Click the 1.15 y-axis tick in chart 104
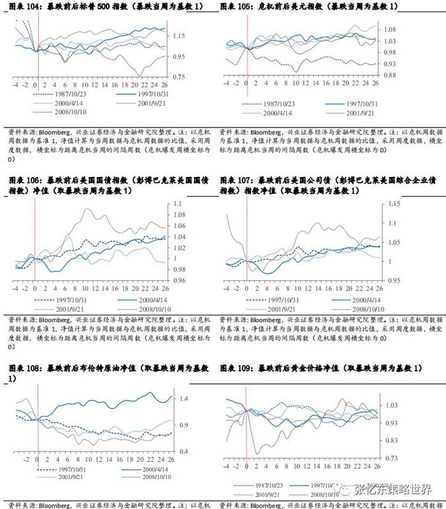tap(180, 36)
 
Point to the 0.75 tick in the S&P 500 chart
tap(180, 77)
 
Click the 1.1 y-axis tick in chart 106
tap(178, 204)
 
